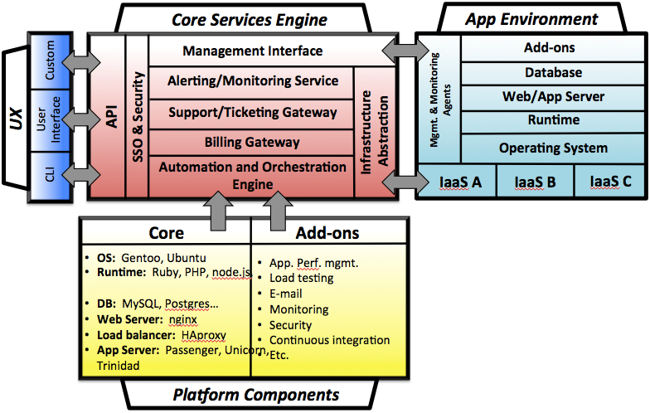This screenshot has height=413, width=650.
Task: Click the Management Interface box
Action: (253, 51)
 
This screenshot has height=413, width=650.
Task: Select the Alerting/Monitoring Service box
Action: (253, 81)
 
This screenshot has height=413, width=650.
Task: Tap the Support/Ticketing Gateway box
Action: (253, 112)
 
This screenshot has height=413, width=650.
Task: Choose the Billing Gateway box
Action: (253, 142)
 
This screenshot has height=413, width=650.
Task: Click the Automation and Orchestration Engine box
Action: (253, 175)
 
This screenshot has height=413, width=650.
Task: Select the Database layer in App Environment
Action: (541, 73)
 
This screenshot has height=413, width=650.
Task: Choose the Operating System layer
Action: (541, 148)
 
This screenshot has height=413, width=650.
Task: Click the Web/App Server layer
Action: (541, 97)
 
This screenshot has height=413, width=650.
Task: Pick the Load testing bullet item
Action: (301, 278)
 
